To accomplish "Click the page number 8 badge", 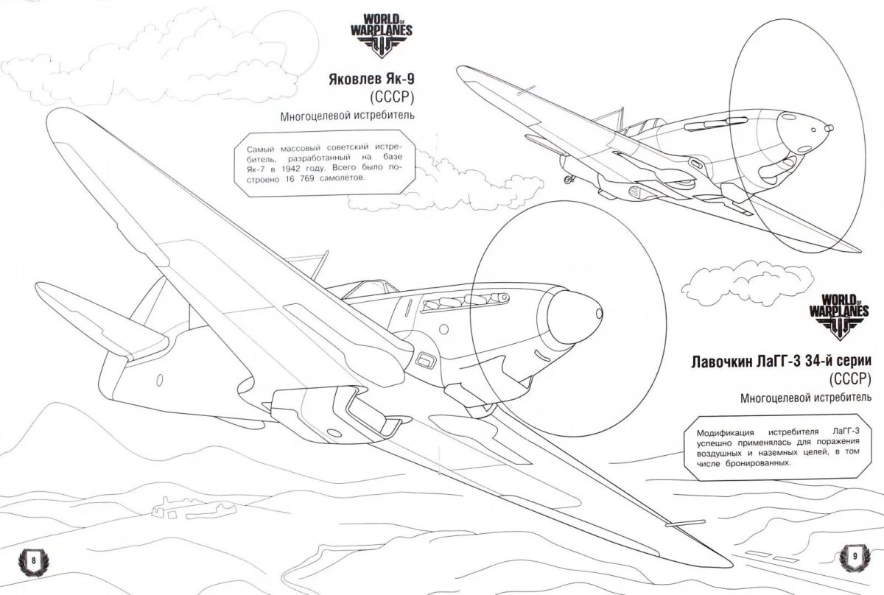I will tap(34, 560).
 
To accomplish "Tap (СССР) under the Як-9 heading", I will tap(391, 98).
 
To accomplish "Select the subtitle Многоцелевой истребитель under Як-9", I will tap(347, 116).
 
